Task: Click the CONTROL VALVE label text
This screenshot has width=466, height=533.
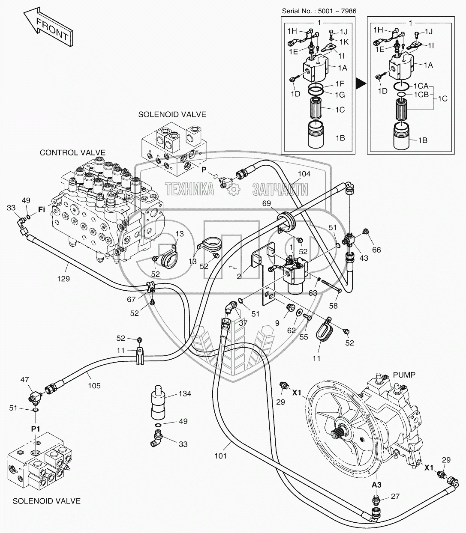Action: tap(72, 152)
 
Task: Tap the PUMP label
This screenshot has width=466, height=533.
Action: tap(404, 375)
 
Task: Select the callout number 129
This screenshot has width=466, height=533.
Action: tap(63, 279)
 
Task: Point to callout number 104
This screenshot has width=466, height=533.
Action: tap(304, 174)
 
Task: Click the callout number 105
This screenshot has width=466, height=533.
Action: tap(94, 386)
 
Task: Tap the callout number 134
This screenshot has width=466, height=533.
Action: tap(185, 393)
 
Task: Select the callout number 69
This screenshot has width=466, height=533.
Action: tap(267, 204)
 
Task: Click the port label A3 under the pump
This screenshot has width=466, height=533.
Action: tap(376, 485)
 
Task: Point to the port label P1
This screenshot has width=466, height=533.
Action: tap(36, 429)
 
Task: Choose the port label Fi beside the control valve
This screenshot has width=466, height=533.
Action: tap(42, 210)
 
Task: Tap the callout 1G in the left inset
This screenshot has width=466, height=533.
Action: tap(340, 95)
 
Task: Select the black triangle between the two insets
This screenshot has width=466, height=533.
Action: tap(361, 83)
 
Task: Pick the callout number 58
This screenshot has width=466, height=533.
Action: tap(333, 306)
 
